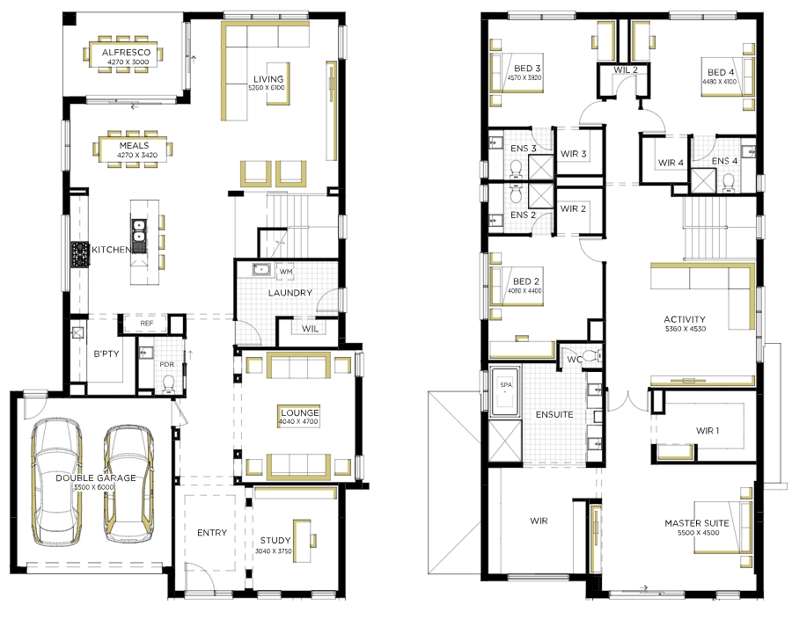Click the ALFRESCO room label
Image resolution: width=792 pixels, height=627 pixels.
point(126,52)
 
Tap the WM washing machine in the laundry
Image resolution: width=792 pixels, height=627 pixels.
point(286,272)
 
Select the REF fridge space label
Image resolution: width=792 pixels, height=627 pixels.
point(146,323)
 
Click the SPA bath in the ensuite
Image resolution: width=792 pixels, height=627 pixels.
point(506,391)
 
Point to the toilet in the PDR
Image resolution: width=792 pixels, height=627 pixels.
point(168,384)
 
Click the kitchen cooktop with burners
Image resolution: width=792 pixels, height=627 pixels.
point(80,254)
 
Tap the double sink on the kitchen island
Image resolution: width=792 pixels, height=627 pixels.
point(138,231)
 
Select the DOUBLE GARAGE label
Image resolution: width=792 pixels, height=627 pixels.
point(95,478)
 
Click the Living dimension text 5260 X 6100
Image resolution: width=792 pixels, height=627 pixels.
point(266,88)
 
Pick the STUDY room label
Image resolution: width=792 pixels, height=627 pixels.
point(275,540)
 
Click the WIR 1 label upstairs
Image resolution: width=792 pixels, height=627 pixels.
point(708,431)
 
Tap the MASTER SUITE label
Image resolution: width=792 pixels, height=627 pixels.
point(697,523)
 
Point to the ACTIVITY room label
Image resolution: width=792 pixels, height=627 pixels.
point(685,319)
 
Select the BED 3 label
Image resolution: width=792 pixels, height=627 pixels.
point(527,69)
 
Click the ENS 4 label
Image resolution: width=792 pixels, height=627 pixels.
point(724,161)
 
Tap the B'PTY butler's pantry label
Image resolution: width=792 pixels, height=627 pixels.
point(106,354)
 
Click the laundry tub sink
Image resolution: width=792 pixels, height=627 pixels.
point(261,269)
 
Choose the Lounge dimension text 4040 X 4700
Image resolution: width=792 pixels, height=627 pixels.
point(298,421)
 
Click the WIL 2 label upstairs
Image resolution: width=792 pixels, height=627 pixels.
point(626,70)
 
